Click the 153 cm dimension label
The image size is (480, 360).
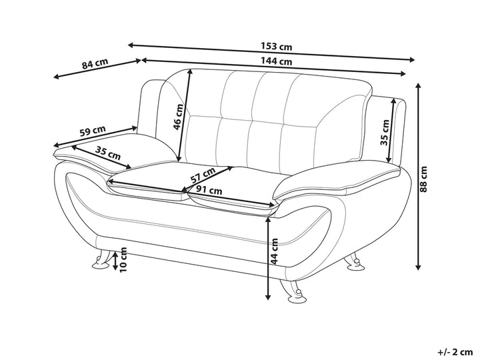tap(277, 47)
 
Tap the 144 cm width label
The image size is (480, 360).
tap(277, 61)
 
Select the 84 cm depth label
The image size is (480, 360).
tap(95, 63)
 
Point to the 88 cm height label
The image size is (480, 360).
tap(423, 179)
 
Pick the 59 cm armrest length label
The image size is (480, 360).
tap(93, 131)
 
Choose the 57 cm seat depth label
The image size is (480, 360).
tap(203, 175)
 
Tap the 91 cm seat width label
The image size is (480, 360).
tap(209, 190)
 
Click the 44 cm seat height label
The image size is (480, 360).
tap(274, 251)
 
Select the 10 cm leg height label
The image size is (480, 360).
tap(123, 259)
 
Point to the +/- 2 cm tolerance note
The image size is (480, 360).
tap(455, 352)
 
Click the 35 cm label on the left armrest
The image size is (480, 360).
tap(108, 153)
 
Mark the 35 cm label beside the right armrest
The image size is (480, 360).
tap(385, 132)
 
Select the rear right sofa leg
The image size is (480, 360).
tap(355, 261)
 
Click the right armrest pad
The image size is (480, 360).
tap(337, 182)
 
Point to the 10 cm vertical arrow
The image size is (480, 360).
tap(115, 261)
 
